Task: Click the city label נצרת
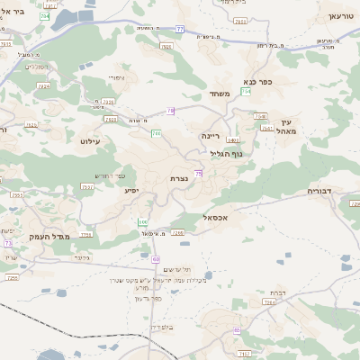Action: [x=178, y=179]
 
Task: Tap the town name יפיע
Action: [x=130, y=191]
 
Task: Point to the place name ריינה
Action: [x=211, y=135]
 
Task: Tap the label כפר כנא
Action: [x=257, y=81]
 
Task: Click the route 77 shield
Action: [x=181, y=29]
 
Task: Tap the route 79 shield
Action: [x=171, y=111]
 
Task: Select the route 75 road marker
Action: [x=197, y=174]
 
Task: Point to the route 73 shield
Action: [x=8, y=244]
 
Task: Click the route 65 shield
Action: [x=237, y=329]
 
